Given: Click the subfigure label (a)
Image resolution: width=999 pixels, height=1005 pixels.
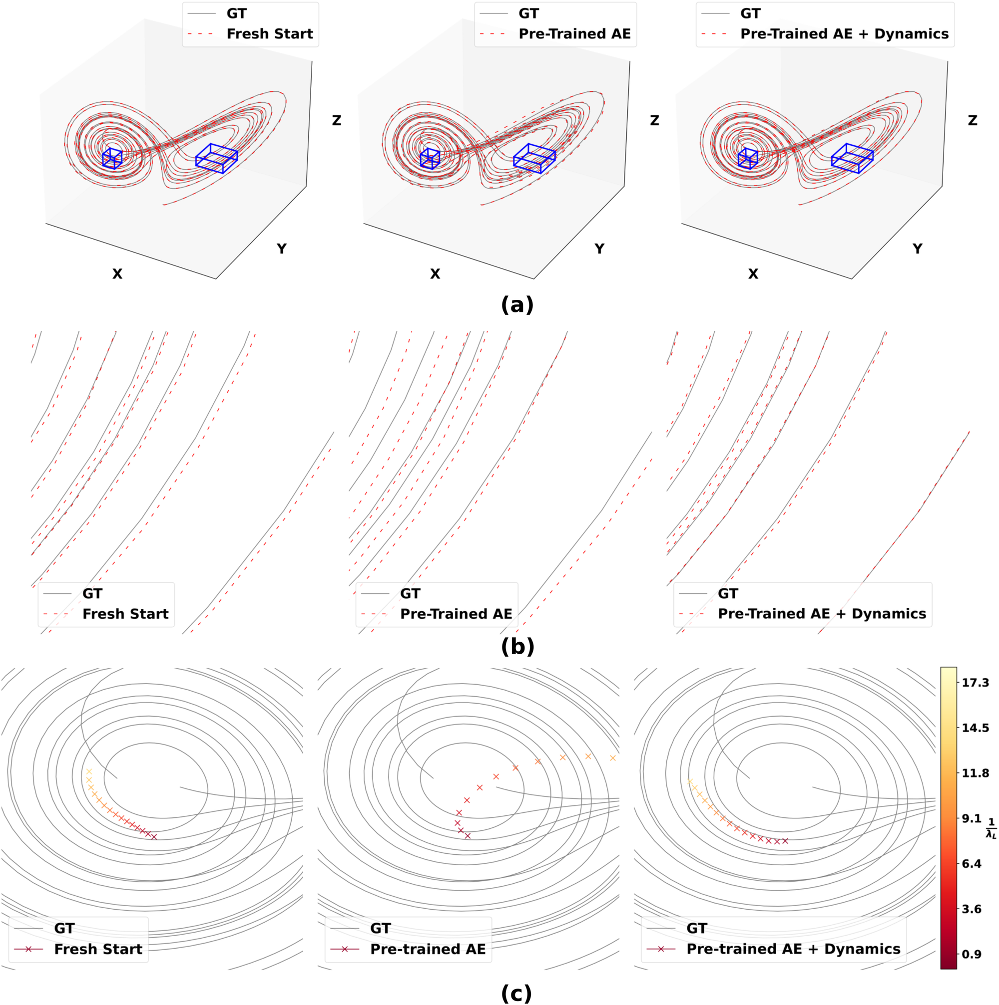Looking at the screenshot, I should pos(517,305).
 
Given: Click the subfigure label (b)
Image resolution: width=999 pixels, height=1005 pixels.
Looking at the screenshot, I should pos(517,646).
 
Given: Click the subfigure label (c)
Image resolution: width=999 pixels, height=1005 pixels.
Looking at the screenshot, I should pos(516,993).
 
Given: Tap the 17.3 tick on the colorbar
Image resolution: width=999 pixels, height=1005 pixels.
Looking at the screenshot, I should pos(975,683).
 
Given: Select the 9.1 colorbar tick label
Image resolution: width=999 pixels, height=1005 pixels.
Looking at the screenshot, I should pos(972,818).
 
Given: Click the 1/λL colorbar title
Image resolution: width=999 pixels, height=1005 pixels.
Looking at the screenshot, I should pos(991,828).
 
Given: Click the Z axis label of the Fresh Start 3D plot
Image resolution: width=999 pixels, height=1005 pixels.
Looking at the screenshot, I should pos(336,120).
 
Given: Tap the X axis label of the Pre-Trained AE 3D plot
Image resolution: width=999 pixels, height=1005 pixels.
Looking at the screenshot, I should pos(435,273).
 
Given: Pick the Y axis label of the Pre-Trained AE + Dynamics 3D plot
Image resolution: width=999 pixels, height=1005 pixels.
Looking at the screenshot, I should pos(917,249).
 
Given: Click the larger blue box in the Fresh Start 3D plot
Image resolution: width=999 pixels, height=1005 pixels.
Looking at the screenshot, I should pos(217,158).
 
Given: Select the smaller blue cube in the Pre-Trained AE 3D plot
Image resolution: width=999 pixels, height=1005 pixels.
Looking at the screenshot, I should pos(430,158).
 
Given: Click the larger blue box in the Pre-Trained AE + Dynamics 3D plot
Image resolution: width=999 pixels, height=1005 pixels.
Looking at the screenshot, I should pos(852,158).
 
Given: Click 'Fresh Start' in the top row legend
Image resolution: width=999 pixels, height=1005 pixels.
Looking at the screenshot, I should pos(270,34).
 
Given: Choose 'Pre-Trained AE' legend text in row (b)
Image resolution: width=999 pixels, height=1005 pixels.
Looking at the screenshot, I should pos(456,614).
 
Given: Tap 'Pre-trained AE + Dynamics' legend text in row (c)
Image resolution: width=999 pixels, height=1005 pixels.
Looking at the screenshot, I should pos(793,949).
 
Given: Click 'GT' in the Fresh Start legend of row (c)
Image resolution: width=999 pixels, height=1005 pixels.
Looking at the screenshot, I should pos(64,928).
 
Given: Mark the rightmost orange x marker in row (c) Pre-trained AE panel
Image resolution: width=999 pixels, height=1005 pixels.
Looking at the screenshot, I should pos(613,758).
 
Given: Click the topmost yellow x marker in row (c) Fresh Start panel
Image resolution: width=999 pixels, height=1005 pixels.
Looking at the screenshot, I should pos(89,771).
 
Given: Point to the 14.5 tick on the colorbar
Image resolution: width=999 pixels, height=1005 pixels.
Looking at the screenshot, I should pos(975,728).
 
